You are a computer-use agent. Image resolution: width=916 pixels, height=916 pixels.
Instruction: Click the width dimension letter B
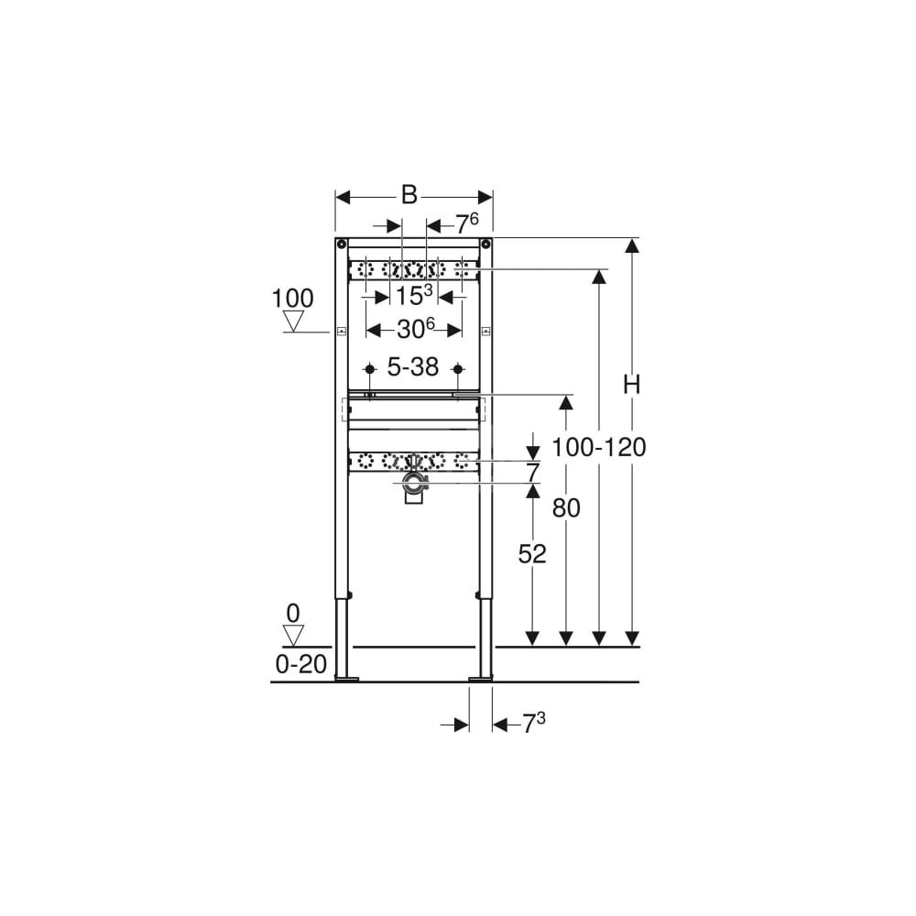point(409,194)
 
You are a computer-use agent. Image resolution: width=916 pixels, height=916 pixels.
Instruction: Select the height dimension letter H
point(631,385)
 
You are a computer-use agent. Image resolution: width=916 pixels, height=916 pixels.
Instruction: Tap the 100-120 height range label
point(599,448)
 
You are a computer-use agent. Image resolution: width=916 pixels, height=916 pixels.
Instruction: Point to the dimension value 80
point(566,508)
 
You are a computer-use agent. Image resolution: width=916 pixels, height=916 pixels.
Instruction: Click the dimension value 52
point(531,554)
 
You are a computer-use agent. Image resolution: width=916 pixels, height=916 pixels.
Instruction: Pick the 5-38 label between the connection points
point(413,367)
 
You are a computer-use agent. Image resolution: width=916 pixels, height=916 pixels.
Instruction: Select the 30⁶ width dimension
point(416,329)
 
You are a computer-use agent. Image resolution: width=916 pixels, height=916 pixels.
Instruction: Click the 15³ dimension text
point(414,295)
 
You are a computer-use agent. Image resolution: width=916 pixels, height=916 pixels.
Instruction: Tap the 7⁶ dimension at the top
point(467,223)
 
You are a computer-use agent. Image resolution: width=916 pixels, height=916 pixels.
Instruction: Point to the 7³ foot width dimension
point(533,724)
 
